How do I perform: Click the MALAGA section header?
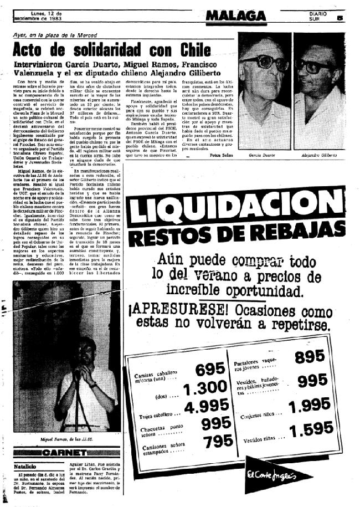pyautogui.click(x=235, y=16)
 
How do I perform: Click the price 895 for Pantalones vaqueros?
pyautogui.click(x=310, y=357)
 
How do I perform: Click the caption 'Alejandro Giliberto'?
pyautogui.click(x=322, y=156)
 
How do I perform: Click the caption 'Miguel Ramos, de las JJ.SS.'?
pyautogui.click(x=59, y=439)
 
